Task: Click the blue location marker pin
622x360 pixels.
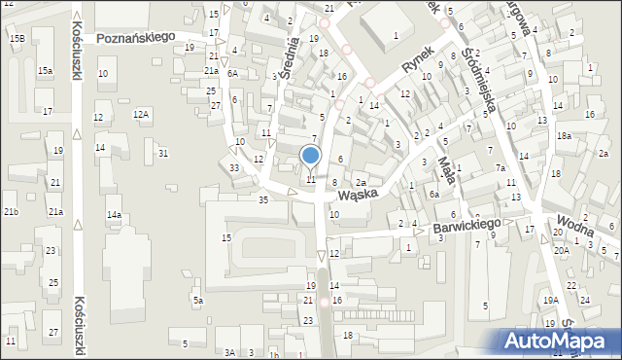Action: click(x=310, y=156)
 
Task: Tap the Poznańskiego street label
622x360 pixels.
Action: click(x=135, y=37)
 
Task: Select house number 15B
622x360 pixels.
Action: click(x=17, y=38)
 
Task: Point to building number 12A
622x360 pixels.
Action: click(x=142, y=115)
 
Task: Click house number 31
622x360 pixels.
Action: click(x=163, y=153)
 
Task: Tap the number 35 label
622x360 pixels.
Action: click(x=262, y=199)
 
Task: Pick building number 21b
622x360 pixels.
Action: click(x=11, y=211)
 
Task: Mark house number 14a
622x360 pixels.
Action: click(x=114, y=214)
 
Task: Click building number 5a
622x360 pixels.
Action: click(x=197, y=301)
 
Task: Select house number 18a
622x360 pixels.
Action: click(x=564, y=137)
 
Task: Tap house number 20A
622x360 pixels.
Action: click(x=561, y=250)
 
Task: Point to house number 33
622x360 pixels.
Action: click(x=234, y=168)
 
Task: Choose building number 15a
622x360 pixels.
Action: click(x=46, y=71)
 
